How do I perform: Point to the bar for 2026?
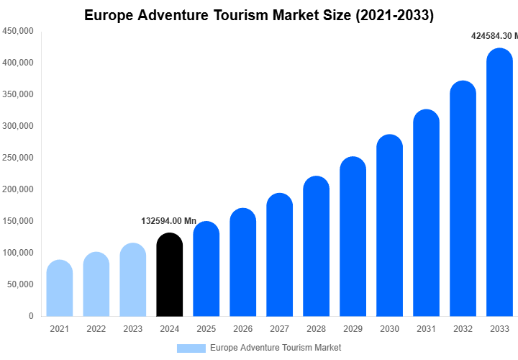[x=242, y=262]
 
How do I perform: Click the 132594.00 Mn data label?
[x=169, y=221]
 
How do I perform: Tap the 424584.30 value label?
[x=494, y=36]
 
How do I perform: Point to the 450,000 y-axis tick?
[x=18, y=31]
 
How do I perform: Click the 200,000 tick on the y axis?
[x=18, y=189]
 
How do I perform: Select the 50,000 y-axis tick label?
[x=20, y=284]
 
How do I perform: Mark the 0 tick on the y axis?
[x=30, y=316]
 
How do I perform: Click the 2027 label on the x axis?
[x=279, y=329]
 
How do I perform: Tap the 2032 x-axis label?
[x=463, y=329]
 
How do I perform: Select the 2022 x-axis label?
[x=96, y=329]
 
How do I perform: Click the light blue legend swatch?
[x=191, y=348]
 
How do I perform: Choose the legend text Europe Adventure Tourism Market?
[x=276, y=348]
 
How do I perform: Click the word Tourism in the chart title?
[x=248, y=15]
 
